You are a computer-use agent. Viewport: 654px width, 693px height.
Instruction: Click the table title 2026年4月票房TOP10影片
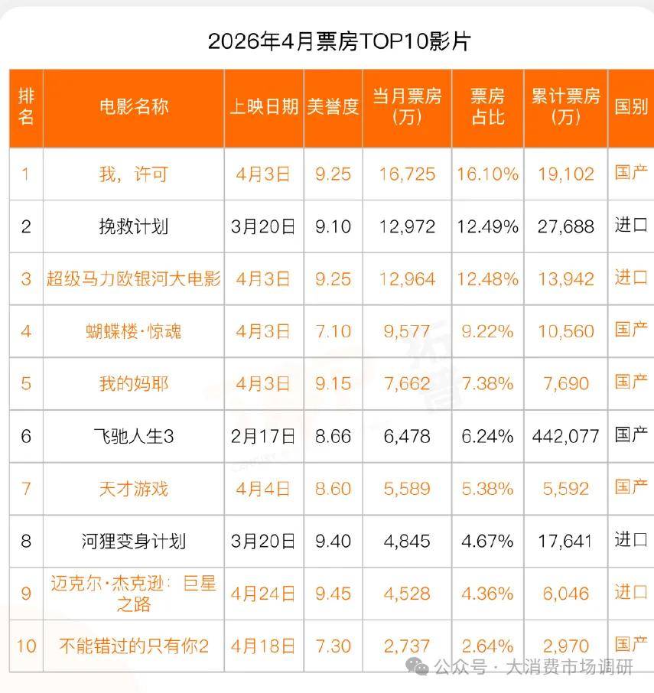(x=340, y=41)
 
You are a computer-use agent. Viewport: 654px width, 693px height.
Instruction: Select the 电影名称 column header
(x=134, y=106)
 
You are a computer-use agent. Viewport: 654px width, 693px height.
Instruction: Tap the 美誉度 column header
(x=333, y=106)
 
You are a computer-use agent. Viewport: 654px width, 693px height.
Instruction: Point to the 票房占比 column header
(x=487, y=106)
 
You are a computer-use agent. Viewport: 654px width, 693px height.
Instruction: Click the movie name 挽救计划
(x=134, y=226)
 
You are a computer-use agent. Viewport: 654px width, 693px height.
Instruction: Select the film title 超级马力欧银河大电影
(x=134, y=279)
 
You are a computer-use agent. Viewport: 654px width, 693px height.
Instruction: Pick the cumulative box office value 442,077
(x=565, y=437)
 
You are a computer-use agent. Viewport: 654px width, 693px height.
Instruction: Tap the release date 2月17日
(x=263, y=437)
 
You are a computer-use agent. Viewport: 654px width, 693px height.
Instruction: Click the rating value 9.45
(x=333, y=594)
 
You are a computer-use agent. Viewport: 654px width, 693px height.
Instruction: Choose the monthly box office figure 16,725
(x=407, y=174)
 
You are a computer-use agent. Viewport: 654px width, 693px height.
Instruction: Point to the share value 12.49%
(x=487, y=226)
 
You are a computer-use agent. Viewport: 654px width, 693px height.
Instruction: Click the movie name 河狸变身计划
(x=134, y=541)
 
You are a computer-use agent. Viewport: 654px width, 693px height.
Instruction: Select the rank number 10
(x=26, y=646)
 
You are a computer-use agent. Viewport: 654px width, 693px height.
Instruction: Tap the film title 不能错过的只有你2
(x=134, y=646)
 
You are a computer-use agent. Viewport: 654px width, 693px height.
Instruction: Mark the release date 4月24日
(x=263, y=594)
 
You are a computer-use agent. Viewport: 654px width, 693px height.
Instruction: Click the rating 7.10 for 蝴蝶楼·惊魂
(x=333, y=331)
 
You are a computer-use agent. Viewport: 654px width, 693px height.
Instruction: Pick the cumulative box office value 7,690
(x=565, y=384)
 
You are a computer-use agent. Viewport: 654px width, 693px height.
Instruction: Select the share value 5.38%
(x=487, y=489)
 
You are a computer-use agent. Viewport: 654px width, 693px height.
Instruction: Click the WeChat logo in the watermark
(x=417, y=666)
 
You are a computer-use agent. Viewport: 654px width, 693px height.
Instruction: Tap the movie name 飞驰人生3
(x=134, y=437)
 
